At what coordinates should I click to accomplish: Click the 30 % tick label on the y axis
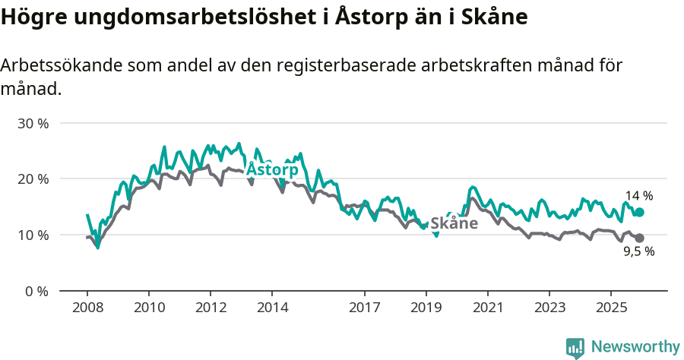pos(33,123)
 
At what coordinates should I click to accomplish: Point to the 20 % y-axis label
pos(33,179)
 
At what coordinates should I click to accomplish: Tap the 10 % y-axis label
pos(33,235)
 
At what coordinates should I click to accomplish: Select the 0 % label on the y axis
pos(36,291)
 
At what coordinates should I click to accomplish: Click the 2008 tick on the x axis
pos(87,308)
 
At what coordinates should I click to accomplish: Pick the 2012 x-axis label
pos(211,308)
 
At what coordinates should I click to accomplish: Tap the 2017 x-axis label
pos(365,308)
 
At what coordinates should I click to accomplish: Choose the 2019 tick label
pos(426,308)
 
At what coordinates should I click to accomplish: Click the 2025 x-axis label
pos(611,308)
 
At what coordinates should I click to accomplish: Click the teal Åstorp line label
pos(272,169)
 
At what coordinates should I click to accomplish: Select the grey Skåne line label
pos(454,223)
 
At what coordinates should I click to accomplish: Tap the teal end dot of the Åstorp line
pos(639,213)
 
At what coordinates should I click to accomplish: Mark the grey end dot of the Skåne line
pos(639,238)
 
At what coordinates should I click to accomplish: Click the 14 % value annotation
pos(639,196)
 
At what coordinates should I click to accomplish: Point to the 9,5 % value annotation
pos(638,252)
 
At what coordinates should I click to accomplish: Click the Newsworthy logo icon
pos(575,348)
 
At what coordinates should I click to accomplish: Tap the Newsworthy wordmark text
pos(635,347)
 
